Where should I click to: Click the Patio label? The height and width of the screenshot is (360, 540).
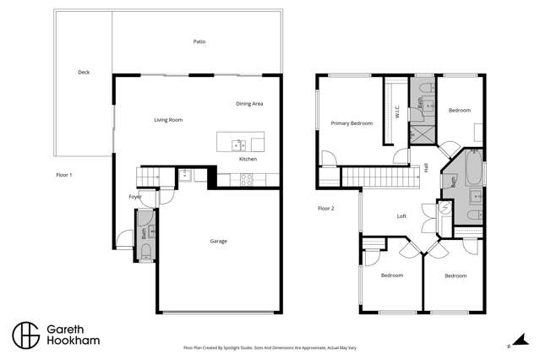pyautogui.click(x=199, y=41)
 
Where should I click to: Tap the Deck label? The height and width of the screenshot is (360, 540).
pyautogui.click(x=84, y=73)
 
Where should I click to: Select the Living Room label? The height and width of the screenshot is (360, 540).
pyautogui.click(x=168, y=120)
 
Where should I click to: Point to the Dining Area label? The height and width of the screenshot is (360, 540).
pyautogui.click(x=249, y=103)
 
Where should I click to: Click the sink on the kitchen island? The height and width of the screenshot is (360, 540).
pyautogui.click(x=240, y=144)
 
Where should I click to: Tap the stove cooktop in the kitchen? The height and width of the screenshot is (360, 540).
pyautogui.click(x=248, y=179)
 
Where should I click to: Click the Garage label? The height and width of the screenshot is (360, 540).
pyautogui.click(x=218, y=241)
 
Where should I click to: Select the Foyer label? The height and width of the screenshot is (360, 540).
pyautogui.click(x=135, y=196)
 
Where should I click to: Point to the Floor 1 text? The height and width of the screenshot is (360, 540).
pyautogui.click(x=64, y=174)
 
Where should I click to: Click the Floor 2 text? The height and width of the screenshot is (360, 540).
pyautogui.click(x=326, y=208)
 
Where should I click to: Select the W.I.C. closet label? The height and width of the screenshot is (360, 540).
pyautogui.click(x=396, y=110)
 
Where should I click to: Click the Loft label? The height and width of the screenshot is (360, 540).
pyautogui.click(x=402, y=216)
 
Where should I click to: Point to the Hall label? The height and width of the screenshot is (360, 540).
pyautogui.click(x=426, y=168)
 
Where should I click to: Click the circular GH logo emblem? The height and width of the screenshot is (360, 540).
pyautogui.click(x=26, y=334)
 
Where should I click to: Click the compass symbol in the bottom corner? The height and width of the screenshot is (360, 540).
pyautogui.click(x=508, y=345)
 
